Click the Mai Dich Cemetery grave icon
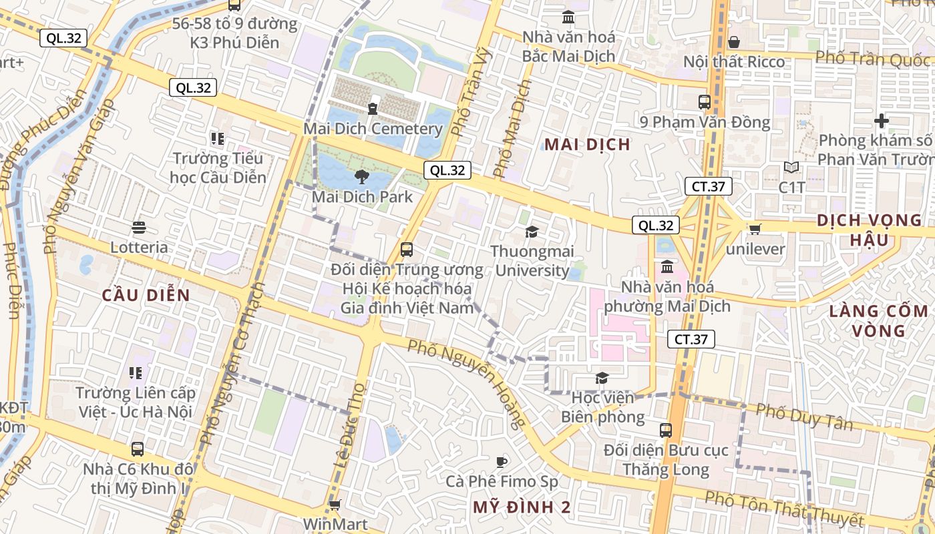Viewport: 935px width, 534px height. (x=373, y=106)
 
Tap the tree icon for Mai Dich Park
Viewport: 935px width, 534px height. (x=362, y=177)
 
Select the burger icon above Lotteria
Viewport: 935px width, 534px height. (x=139, y=228)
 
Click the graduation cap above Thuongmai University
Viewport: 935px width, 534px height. (x=532, y=232)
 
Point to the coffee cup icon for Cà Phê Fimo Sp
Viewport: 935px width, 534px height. (x=502, y=461)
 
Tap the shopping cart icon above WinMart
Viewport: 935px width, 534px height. (x=335, y=505)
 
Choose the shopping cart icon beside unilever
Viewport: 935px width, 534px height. (x=755, y=230)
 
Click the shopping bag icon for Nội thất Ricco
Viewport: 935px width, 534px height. (x=734, y=42)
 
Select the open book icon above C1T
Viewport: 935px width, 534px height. (x=791, y=168)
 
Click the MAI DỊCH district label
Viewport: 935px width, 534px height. (x=587, y=144)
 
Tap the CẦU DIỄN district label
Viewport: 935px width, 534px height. (x=146, y=295)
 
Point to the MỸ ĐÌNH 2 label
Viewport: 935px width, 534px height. (x=522, y=507)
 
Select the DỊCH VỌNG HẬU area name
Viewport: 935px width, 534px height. (x=870, y=230)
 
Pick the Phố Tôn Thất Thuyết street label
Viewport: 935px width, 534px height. (x=784, y=509)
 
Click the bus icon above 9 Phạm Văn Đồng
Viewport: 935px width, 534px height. (x=705, y=102)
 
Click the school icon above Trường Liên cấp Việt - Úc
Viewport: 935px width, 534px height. (x=136, y=372)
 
